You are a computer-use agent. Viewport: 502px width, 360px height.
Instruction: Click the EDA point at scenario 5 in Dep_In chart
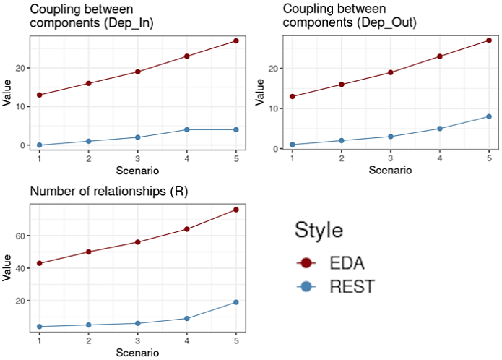tap(236, 40)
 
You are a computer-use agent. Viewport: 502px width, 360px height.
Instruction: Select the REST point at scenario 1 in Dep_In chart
tap(39, 145)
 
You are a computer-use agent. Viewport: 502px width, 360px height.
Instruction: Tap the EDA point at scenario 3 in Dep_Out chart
tap(391, 72)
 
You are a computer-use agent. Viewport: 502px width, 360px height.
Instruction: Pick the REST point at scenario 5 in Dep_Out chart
tap(489, 116)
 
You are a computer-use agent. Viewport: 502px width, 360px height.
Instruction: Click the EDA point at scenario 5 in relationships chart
tap(236, 210)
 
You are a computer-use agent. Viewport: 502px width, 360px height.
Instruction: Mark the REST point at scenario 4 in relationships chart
tap(187, 318)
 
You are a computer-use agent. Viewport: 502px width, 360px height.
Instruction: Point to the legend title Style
tap(319, 230)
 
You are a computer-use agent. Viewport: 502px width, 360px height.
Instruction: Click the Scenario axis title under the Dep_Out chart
tap(390, 171)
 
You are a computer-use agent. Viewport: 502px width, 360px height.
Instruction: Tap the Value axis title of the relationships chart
tap(7, 269)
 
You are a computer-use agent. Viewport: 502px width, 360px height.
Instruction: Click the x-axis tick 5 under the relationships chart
tap(236, 341)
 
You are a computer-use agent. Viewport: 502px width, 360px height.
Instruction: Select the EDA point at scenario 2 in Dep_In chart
tap(88, 83)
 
